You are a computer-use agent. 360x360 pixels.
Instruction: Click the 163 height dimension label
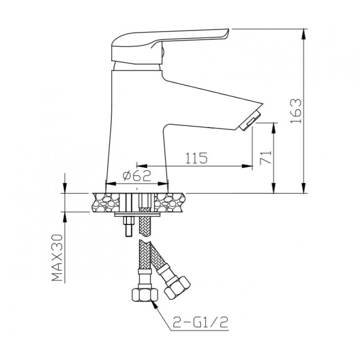click(296, 111)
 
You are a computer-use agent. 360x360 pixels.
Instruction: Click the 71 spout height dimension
click(265, 158)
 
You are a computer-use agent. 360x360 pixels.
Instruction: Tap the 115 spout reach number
click(196, 158)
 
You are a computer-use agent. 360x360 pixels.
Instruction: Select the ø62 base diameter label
click(137, 176)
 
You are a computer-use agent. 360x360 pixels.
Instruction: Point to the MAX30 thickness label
click(57, 257)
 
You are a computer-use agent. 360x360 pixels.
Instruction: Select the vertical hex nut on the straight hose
click(145, 295)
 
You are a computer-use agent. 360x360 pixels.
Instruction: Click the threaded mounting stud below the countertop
click(128, 226)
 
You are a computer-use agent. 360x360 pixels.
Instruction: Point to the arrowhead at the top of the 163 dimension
click(304, 34)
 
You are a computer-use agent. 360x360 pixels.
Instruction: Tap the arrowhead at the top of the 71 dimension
click(274, 128)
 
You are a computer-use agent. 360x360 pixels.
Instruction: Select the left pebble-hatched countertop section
click(106, 202)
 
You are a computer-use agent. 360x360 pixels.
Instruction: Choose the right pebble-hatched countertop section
click(170, 202)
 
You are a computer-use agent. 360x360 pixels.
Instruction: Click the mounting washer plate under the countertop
click(137, 215)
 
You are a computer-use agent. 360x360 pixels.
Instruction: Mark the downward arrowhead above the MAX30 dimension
click(65, 188)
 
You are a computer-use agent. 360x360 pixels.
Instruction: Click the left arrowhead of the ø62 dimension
click(111, 184)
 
